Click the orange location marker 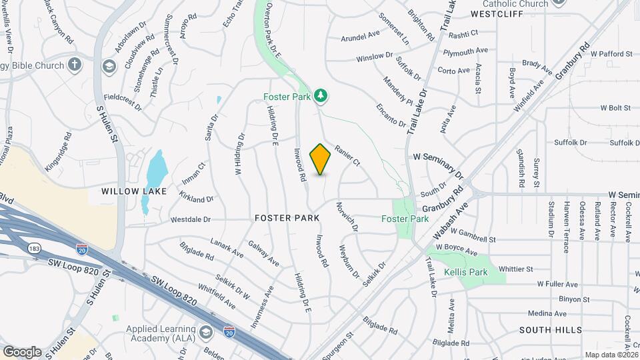pos(320,159)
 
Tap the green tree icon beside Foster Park pos(321,97)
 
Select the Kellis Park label pos(467,272)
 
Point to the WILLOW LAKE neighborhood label pos(129,191)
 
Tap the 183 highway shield pos(33,248)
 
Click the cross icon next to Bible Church pos(75,65)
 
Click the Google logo pos(22,351)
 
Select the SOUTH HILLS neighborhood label pos(550,330)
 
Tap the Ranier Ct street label pos(347,156)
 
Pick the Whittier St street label pos(515,269)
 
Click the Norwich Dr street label pos(347,217)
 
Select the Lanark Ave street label pos(227,248)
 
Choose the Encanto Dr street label pos(391,114)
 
